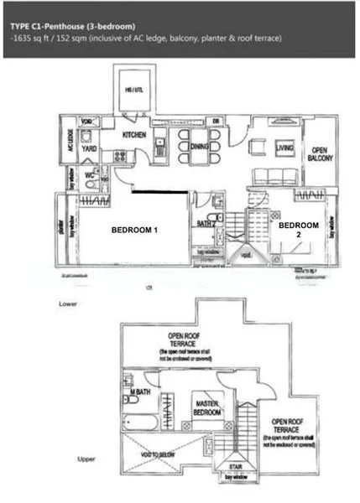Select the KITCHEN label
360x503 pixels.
point(136,134)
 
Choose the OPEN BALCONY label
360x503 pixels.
point(318,153)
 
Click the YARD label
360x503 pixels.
point(89,149)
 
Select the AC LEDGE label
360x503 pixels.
point(69,147)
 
